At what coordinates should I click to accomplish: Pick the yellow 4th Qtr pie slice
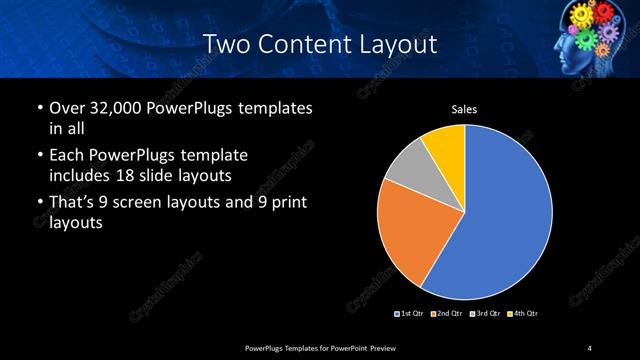coord(446,146)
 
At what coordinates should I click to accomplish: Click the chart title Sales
coord(465,109)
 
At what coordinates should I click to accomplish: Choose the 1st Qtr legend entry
coord(411,314)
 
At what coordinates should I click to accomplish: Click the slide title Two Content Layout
coord(319,44)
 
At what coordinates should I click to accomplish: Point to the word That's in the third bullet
coord(73,204)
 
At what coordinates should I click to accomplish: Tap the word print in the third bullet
coord(288,204)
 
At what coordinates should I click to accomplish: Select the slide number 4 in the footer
coord(590,347)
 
